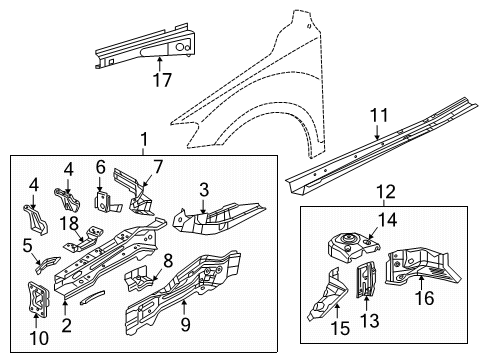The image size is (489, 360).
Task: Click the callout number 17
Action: [162, 80]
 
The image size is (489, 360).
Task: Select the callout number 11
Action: [379, 115]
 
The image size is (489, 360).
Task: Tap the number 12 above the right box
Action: [386, 192]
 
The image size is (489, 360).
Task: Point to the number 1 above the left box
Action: [144, 140]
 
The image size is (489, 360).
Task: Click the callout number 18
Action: [69, 223]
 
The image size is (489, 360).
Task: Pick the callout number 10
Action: [39, 338]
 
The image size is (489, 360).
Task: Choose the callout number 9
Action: [185, 324]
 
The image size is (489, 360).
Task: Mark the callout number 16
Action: [425, 298]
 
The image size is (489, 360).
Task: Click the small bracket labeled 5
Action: [47, 264]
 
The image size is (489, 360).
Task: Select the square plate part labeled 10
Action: [38, 299]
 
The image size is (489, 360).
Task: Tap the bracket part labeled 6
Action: [106, 202]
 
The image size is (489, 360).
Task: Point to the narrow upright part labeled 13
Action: [366, 279]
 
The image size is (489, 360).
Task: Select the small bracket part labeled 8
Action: [139, 279]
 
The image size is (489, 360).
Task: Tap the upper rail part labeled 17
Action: [146, 47]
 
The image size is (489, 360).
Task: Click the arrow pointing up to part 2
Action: [65, 306]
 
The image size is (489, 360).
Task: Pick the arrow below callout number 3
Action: [203, 206]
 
